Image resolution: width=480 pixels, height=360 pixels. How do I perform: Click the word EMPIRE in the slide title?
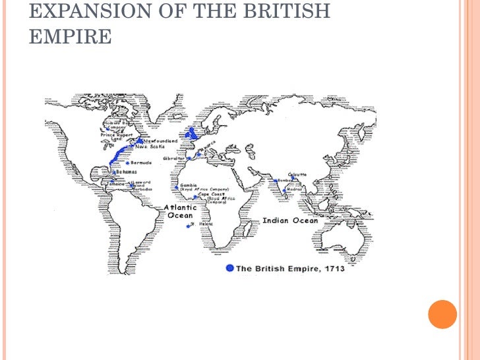point(70,37)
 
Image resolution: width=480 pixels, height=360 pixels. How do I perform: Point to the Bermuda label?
point(141,162)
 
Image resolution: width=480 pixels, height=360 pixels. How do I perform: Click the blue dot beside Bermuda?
point(127,163)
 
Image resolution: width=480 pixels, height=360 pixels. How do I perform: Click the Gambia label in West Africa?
point(189,185)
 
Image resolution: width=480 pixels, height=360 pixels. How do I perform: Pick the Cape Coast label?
point(212,195)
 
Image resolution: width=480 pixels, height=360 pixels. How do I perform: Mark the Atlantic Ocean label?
point(180,212)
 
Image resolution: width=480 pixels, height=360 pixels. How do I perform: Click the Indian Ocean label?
point(290,221)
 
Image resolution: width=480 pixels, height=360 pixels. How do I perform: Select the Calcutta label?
point(298,175)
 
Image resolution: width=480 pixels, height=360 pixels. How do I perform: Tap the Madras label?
point(295,190)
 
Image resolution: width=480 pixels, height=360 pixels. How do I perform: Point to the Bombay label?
point(285,180)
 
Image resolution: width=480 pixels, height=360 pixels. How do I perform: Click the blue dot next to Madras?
point(285,191)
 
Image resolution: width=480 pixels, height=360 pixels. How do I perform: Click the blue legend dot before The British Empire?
point(229,268)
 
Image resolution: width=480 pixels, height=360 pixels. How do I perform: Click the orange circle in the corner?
point(442,314)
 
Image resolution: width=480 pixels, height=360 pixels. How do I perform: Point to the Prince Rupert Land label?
point(116,137)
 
